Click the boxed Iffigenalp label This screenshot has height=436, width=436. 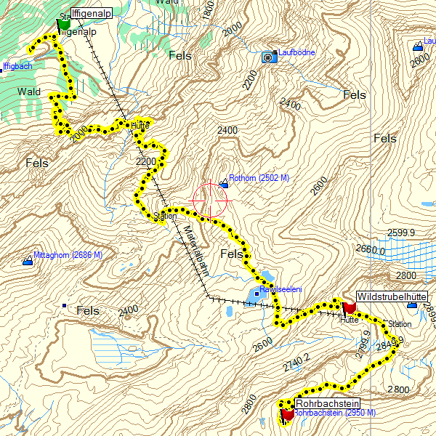point(92,12)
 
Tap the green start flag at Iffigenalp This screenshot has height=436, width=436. point(64,23)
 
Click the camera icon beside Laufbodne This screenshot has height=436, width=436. point(269,56)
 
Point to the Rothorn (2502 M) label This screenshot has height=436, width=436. point(259,177)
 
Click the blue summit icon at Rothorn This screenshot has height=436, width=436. point(224,186)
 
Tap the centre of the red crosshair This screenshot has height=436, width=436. point(211,199)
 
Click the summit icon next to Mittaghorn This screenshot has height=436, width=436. point(28,259)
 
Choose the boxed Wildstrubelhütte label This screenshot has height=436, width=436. point(391,297)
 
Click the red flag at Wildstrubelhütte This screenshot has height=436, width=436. point(349,305)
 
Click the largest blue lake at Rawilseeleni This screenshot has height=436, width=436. point(256,295)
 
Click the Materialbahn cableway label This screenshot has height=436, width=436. point(195,250)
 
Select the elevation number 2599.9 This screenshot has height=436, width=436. point(400,233)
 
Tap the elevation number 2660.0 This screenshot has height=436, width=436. point(371,249)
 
